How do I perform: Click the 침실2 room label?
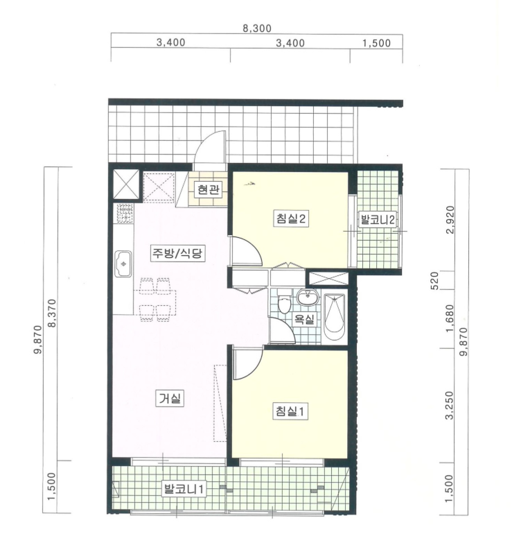290,218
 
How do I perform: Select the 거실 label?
170,398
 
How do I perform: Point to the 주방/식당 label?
177,253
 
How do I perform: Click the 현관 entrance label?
209,189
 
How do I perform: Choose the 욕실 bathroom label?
304,319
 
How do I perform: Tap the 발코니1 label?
184,490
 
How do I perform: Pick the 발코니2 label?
378,220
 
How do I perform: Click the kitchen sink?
123,264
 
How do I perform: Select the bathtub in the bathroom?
334,318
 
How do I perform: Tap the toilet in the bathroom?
283,302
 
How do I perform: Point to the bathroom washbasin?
308,297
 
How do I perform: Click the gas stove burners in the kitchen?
124,213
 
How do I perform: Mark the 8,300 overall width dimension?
257,28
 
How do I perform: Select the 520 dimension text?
435,281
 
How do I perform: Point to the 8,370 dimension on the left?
52,313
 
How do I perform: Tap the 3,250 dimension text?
449,405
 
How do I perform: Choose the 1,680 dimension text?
450,318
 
